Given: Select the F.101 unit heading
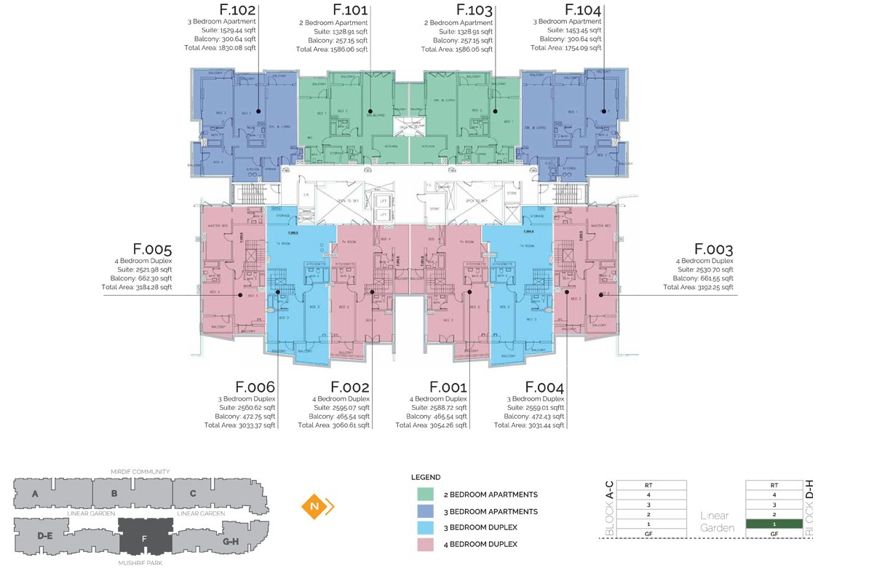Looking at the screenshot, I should tap(350, 11).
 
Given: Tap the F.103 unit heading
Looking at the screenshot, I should tap(474, 11).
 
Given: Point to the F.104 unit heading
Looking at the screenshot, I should tap(583, 11).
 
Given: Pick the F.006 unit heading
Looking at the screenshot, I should tap(255, 387).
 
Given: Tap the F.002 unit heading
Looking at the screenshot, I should tap(350, 387).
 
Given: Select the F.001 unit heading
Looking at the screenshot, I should tap(448, 387).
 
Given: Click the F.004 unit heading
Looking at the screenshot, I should tap(544, 387).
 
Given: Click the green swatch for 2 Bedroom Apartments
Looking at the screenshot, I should tap(426, 495).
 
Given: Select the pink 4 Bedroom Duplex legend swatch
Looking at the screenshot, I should tap(426, 544).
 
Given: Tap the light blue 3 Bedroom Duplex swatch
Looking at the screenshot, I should tap(426, 527).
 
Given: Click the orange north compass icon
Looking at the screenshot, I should tap(314, 505).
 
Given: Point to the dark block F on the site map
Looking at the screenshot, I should tap(145, 537).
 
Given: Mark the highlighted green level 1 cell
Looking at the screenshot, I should tap(774, 524).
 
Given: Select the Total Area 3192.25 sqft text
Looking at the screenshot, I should tap(698, 287).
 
